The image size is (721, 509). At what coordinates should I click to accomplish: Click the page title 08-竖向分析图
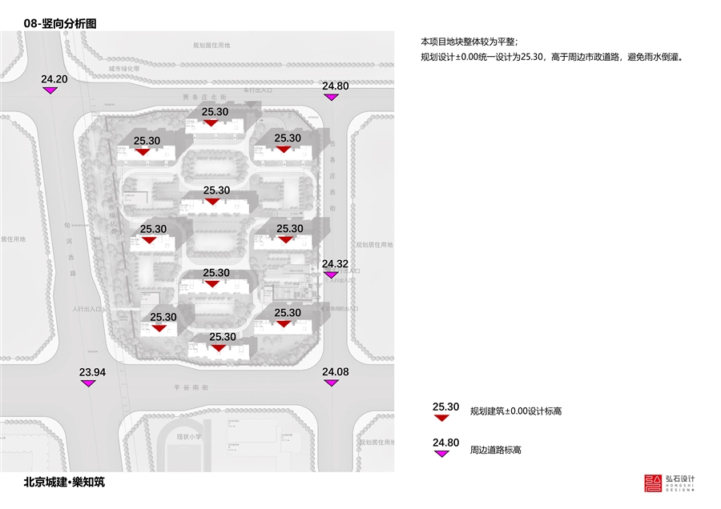60,25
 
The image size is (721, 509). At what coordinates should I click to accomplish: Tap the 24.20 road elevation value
54,79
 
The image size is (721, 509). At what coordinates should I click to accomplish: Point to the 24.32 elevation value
335,264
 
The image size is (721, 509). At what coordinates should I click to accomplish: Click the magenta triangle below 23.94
89,384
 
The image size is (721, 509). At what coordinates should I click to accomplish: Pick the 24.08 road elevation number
335,372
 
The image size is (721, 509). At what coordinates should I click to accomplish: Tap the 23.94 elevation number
92,373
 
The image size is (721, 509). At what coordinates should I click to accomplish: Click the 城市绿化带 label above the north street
124,70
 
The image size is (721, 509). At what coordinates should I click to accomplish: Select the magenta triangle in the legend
442,454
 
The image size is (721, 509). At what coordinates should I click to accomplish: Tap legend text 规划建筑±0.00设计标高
516,411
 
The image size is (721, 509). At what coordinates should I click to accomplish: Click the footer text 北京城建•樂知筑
64,483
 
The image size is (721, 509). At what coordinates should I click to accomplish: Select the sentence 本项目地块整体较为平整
469,41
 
